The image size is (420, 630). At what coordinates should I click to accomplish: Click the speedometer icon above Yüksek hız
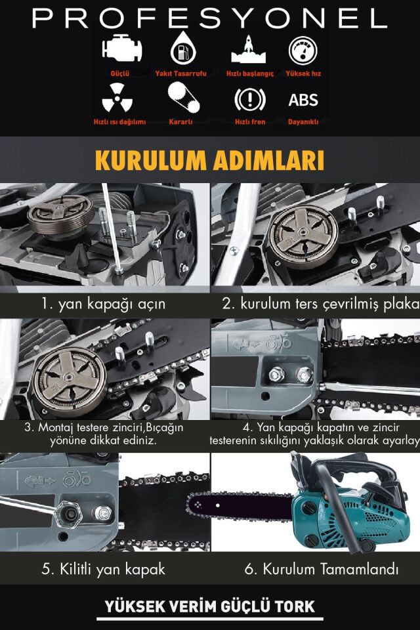coord(303,50)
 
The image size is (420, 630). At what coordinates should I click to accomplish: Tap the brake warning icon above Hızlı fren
coord(249,100)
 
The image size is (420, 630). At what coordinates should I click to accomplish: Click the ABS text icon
coord(303,100)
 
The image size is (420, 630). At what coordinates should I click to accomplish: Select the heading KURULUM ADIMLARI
coord(209,161)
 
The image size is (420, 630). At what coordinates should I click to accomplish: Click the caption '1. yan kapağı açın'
coord(103,304)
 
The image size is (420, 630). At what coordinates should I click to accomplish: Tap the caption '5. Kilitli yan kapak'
coord(103,569)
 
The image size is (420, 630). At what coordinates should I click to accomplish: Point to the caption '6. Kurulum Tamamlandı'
coord(322,569)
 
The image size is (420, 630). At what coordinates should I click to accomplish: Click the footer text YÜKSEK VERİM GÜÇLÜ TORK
coord(210,606)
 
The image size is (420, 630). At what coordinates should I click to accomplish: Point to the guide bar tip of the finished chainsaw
coord(192,505)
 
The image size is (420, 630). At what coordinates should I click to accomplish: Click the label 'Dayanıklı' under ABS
coord(303,122)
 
